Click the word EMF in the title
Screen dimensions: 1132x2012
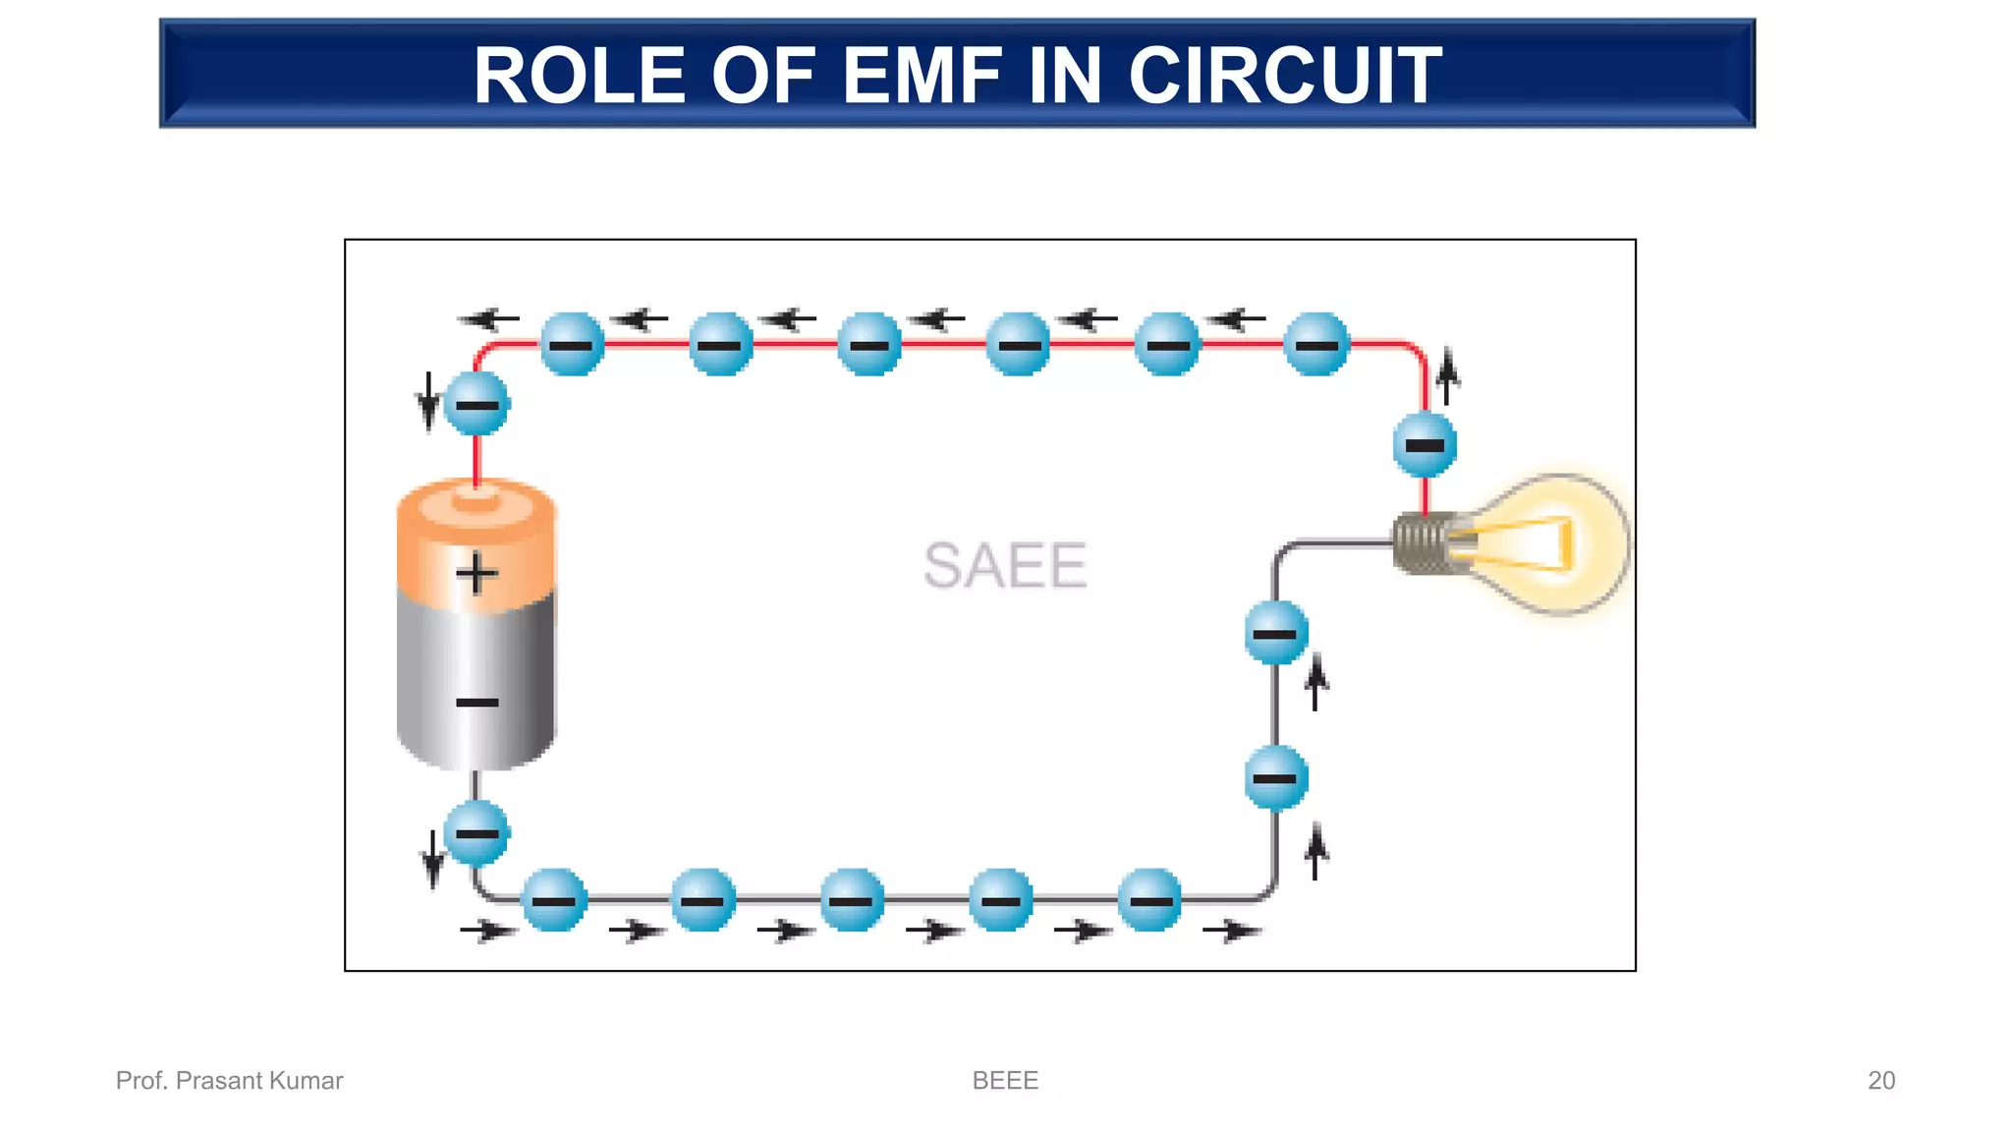[x=922, y=76]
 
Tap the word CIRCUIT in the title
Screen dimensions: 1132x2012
[x=1285, y=76]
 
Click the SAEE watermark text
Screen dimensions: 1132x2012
[x=1005, y=565]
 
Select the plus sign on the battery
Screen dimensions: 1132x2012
[x=476, y=573]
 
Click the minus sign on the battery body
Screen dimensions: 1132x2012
[x=477, y=703]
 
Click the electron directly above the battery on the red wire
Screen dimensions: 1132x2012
[x=477, y=405]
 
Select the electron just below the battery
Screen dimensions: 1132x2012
[x=476, y=833]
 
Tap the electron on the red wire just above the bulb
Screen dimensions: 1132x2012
[x=1425, y=445]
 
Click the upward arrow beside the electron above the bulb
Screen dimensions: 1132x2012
[x=1447, y=376]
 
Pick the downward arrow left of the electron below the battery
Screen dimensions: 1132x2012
[x=432, y=858]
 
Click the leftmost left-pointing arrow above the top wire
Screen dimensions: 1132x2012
[x=488, y=318]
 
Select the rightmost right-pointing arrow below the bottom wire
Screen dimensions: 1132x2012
[x=1232, y=930]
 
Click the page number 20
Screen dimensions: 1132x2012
[x=1880, y=1080]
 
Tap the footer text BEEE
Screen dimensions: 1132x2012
[x=1005, y=1080]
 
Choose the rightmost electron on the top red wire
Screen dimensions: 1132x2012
[x=1316, y=344]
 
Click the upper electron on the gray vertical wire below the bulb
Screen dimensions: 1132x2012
[x=1276, y=633]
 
